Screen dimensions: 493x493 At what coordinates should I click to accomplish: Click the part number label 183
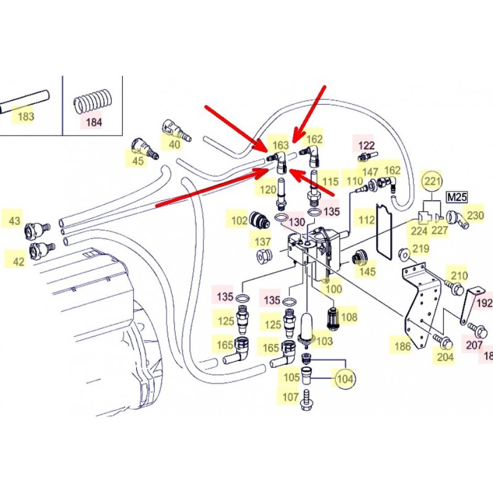(x=25, y=116)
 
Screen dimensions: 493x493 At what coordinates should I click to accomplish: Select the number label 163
(x=281, y=145)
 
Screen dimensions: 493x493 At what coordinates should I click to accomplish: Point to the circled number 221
(x=432, y=182)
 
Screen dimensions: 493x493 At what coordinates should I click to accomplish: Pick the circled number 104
(x=344, y=378)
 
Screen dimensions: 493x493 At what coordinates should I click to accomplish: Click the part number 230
(x=476, y=216)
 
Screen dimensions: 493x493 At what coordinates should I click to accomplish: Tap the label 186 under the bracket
(x=402, y=347)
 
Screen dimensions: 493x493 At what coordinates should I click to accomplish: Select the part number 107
(x=290, y=397)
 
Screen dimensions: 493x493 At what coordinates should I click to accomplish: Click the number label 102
(x=239, y=220)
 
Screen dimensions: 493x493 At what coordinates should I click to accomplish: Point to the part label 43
(x=14, y=221)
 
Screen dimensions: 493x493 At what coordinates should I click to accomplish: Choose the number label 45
(x=137, y=161)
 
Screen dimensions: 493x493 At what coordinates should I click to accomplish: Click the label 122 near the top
(x=367, y=145)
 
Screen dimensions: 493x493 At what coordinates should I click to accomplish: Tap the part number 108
(x=349, y=317)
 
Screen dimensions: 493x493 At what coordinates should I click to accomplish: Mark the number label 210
(x=460, y=275)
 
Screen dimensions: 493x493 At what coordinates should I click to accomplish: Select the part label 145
(x=367, y=271)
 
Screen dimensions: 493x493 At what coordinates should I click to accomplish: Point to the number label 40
(x=174, y=144)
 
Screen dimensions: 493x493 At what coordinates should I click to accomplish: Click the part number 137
(x=264, y=241)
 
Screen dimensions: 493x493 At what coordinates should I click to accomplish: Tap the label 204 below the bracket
(x=445, y=356)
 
